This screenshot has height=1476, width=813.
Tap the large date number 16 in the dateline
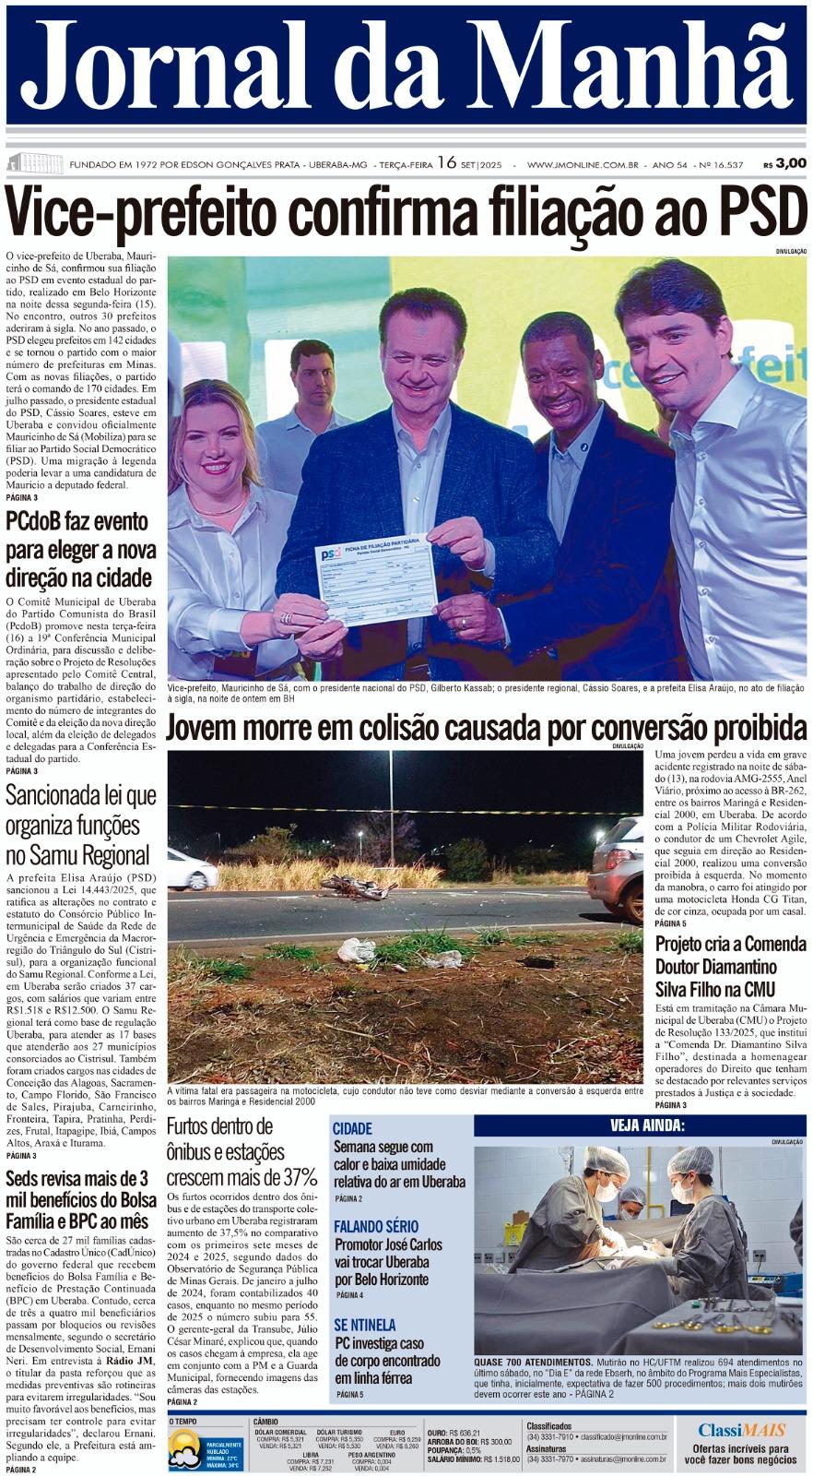point(447,162)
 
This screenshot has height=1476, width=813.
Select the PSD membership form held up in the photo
point(376,577)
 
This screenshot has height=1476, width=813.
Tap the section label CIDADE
point(352,1129)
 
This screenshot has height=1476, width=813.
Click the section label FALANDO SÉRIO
point(375,1227)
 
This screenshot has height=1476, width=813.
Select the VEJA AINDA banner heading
point(646,1125)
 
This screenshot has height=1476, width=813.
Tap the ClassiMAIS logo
point(741,1431)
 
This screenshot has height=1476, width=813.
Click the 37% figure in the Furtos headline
point(300,1177)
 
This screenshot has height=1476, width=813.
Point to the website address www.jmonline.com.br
point(583,164)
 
